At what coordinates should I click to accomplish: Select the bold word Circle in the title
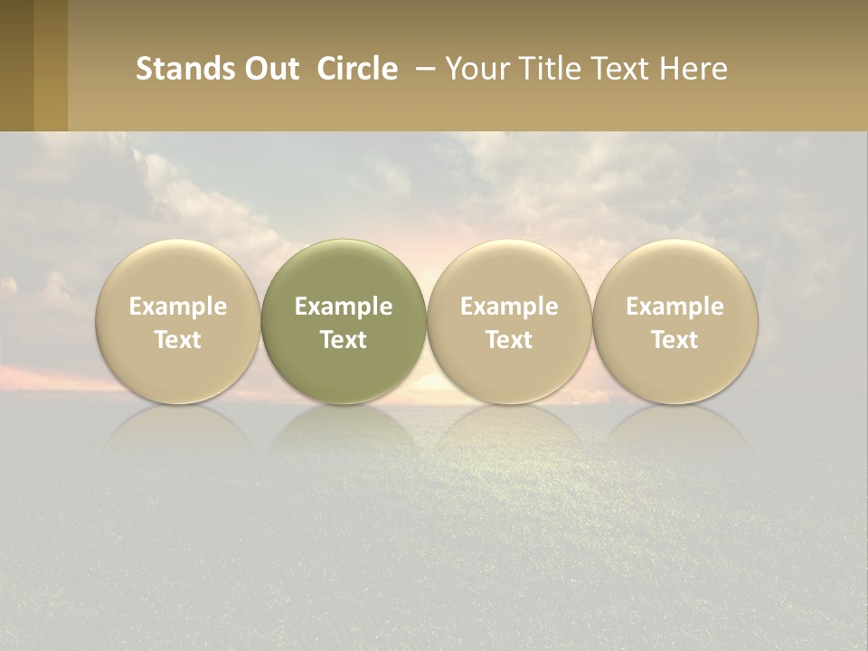pyautogui.click(x=357, y=70)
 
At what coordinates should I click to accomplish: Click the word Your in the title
pyautogui.click(x=474, y=70)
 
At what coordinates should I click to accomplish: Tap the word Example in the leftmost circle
pyautogui.click(x=178, y=307)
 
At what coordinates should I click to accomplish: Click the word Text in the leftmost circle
pyautogui.click(x=178, y=340)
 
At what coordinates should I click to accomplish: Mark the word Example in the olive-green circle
pyautogui.click(x=344, y=307)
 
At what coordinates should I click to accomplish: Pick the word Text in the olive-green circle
pyautogui.click(x=344, y=340)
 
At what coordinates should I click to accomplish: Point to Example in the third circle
pyautogui.click(x=509, y=307)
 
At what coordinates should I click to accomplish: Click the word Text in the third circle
pyautogui.click(x=509, y=340)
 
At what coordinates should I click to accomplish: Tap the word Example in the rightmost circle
pyautogui.click(x=675, y=307)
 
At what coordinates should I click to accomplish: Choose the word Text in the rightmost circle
pyautogui.click(x=675, y=340)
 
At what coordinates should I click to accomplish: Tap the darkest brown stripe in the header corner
pyautogui.click(x=16, y=65)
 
